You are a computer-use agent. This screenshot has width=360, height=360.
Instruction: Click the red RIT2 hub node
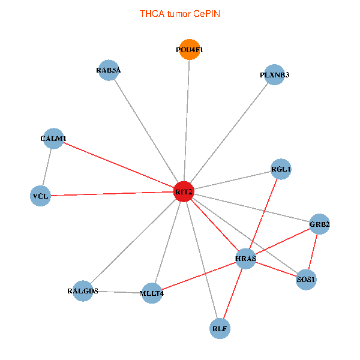tap(184, 191)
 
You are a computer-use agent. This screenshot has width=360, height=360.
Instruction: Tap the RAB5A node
tap(108, 70)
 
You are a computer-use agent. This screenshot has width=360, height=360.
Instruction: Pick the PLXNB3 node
tap(274, 75)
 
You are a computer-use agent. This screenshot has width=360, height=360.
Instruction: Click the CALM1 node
tap(53, 139)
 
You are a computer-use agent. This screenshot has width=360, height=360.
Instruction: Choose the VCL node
tap(40, 196)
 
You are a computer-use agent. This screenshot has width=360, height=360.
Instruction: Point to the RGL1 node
tap(281, 169)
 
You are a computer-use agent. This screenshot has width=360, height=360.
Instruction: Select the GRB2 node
tap(319, 224)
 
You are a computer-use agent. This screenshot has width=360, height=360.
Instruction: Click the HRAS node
tap(246, 259)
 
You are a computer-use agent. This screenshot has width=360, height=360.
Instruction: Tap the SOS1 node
tap(306, 280)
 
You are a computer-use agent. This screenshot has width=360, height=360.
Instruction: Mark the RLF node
tap(220, 328)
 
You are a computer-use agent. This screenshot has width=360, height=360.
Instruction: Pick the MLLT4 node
tap(152, 293)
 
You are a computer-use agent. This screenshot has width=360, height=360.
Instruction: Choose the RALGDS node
tap(83, 291)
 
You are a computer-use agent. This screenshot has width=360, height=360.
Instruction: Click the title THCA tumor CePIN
tap(179, 13)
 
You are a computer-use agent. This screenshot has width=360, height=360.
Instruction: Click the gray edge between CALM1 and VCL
tap(47, 167)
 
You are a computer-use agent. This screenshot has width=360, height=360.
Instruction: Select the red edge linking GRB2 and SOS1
tap(313, 252)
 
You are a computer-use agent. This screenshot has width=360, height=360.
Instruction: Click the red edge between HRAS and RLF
tap(233, 293)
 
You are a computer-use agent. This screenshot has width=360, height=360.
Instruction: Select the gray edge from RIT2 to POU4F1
tap(187, 120)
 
